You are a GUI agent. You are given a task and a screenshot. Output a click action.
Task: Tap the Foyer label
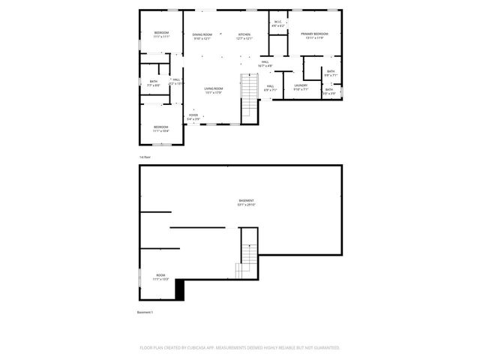point(193,116)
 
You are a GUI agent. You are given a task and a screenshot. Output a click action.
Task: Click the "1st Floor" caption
point(145,157)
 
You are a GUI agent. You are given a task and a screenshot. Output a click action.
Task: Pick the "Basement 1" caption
point(145,312)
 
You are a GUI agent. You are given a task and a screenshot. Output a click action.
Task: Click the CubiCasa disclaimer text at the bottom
point(240,348)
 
